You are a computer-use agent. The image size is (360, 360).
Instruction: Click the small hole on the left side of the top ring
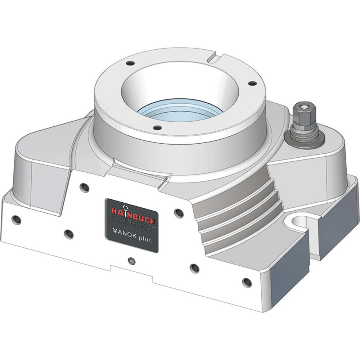[x=128, y=64]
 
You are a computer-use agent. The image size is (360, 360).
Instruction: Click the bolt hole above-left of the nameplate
[x=84, y=187]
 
